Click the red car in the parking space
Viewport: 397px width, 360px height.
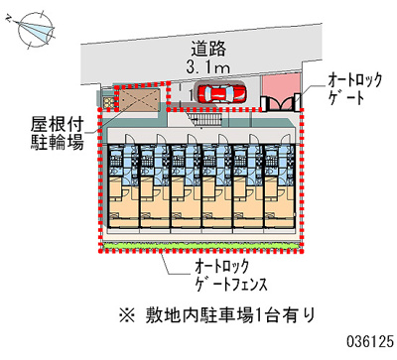[x=221, y=93]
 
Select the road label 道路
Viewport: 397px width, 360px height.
[x=209, y=47]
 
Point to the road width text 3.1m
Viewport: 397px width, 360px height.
[x=209, y=66]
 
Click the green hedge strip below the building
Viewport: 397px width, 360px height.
[x=199, y=244]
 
